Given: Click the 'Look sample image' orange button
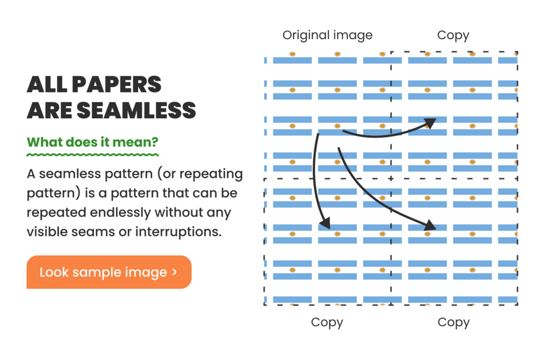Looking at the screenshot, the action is [x=109, y=272].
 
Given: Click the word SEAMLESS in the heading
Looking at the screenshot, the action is [x=136, y=111].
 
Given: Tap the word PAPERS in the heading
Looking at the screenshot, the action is [x=117, y=84].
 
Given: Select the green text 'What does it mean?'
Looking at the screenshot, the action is [x=92, y=142].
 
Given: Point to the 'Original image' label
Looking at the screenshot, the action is [x=328, y=35].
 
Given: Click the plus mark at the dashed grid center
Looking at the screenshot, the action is [x=391, y=178].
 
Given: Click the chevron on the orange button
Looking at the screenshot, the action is [x=175, y=272].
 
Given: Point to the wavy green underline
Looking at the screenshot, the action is [x=92, y=155].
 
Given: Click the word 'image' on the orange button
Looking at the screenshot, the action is [x=146, y=272].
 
